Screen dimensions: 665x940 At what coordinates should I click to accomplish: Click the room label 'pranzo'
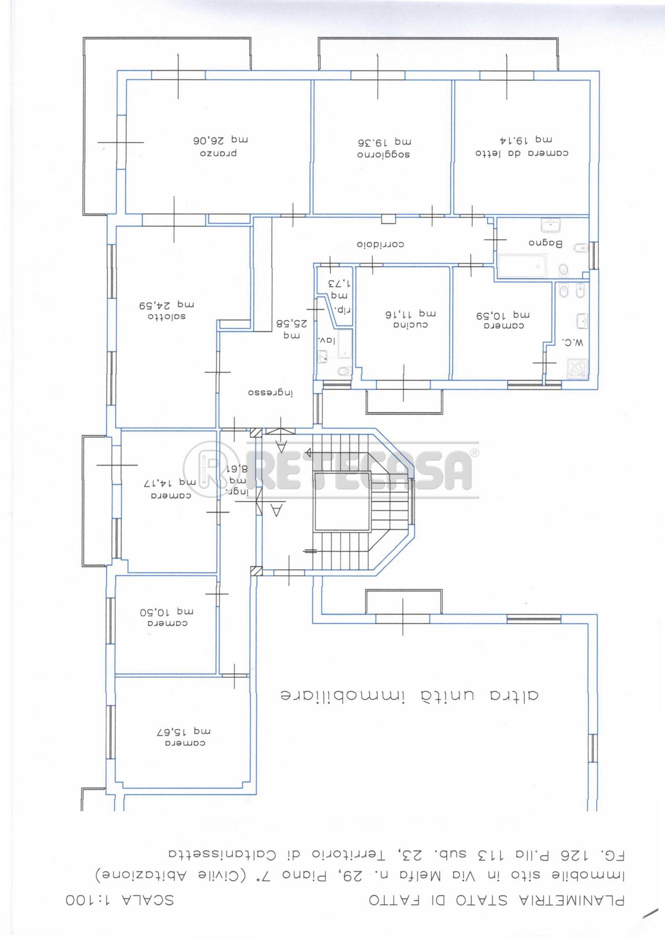(219, 153)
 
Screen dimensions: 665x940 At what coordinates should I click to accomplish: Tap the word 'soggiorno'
(384, 155)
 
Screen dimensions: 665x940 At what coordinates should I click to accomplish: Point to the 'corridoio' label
(381, 245)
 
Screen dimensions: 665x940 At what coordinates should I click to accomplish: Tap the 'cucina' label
(411, 325)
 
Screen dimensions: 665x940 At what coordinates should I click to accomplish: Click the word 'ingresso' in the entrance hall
(271, 393)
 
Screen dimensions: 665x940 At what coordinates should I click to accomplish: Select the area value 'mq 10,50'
(167, 612)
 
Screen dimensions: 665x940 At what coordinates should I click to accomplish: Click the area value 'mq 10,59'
(503, 315)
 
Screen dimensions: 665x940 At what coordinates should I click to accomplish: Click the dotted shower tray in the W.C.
(578, 368)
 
